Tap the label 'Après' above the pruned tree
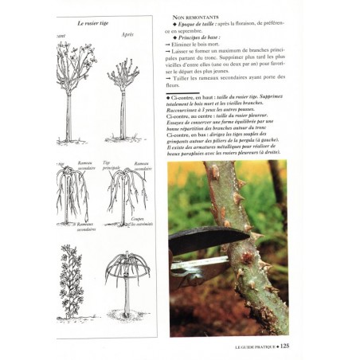pos(127,34)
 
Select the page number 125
pos(284,346)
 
